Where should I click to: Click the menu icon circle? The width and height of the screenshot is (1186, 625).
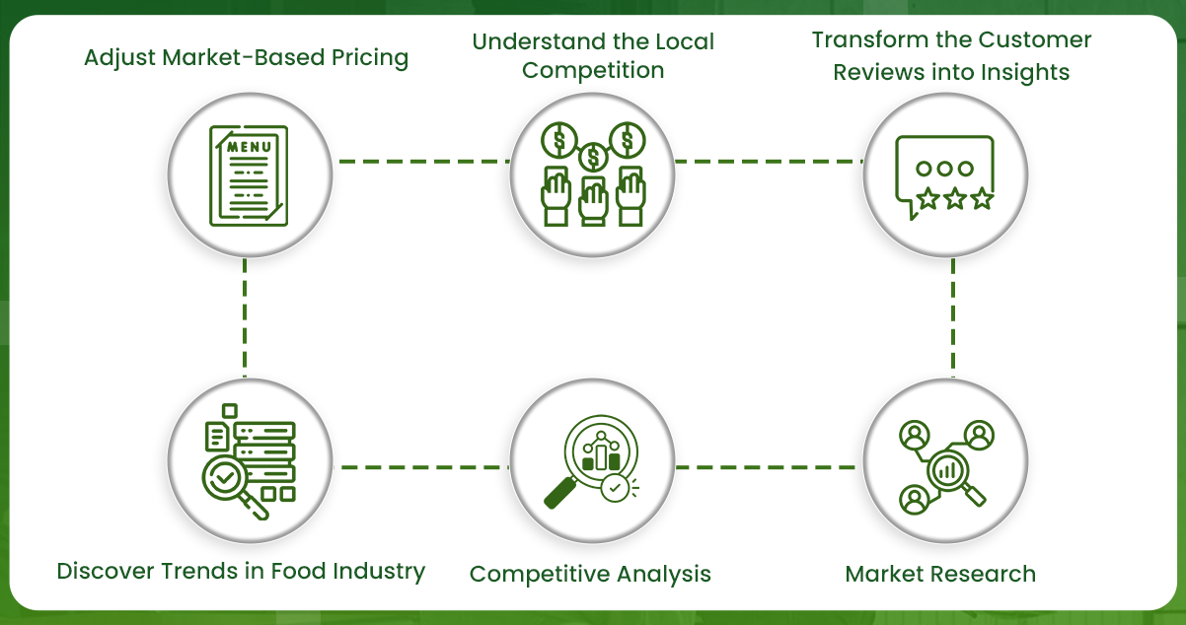coord(247,174)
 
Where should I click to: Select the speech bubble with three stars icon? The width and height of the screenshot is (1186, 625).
coord(944,175)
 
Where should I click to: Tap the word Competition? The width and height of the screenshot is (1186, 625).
coord(593,70)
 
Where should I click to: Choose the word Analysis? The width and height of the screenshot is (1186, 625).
coord(665,574)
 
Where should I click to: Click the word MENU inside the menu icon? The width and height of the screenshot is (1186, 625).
coord(247,147)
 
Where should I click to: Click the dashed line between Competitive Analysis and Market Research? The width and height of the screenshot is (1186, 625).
coord(766,466)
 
